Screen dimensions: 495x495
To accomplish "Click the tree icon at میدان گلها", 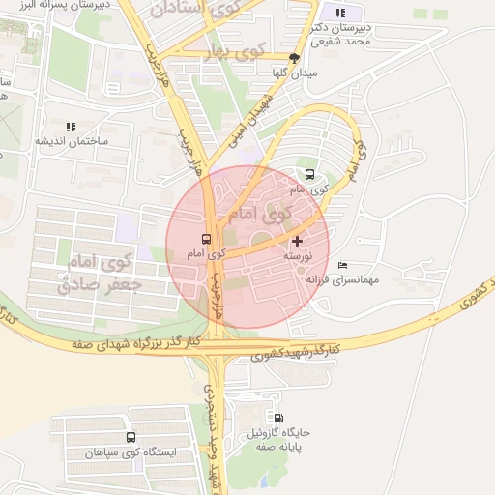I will (294, 58).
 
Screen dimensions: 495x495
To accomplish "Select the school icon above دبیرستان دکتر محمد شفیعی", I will (339, 13).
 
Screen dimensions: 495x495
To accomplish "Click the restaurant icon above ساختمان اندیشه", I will (70, 127).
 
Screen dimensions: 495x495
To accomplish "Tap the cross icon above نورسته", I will (296, 240).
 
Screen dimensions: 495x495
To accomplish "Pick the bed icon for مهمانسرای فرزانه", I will (342, 266).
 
